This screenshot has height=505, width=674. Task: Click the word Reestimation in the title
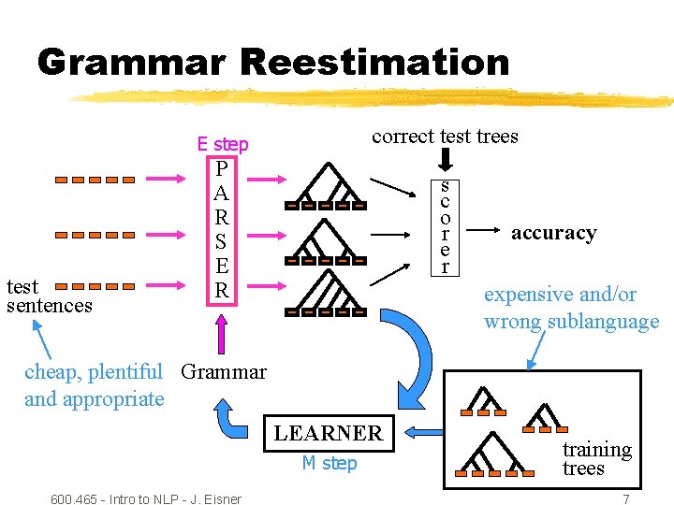374,63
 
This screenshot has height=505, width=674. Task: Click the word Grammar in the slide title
131,63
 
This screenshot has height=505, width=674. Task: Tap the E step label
223,144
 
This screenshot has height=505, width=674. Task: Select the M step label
329,464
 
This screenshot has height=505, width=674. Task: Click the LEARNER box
328,433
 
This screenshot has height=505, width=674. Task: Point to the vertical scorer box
445,227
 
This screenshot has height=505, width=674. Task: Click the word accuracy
553,233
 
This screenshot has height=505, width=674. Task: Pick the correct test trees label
445,137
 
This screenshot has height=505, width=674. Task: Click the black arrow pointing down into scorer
446,162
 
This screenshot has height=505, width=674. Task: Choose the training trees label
596,458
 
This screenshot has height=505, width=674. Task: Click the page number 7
625,499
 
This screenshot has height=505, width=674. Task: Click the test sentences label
49,296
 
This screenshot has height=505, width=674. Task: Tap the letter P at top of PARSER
221,169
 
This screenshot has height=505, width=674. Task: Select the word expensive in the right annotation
527,295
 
